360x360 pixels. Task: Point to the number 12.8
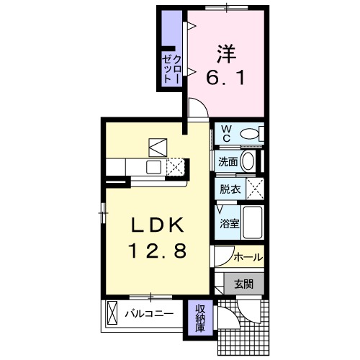(x=159, y=251)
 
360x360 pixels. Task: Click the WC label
(x=225, y=133)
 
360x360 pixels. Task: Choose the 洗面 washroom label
(x=228, y=162)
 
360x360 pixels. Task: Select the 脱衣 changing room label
(x=230, y=190)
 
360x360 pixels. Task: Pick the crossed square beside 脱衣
(x=254, y=190)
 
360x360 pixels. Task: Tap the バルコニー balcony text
(x=148, y=314)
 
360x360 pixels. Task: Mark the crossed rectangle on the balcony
(x=112, y=314)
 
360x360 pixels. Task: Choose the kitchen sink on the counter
(x=154, y=167)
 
